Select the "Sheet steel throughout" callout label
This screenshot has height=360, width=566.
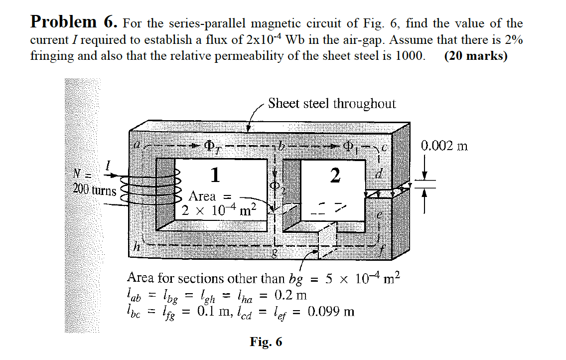pos(332,104)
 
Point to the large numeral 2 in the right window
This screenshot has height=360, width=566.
pos(335,175)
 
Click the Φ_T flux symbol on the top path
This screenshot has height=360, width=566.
pos(212,146)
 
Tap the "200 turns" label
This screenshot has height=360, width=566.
pos(94,190)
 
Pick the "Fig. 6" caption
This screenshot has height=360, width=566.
pos(266,342)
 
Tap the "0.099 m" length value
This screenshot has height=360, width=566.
pos(331,312)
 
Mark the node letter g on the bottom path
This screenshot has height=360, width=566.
pos(274,253)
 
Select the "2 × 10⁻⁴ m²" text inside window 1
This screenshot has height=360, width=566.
pos(218,211)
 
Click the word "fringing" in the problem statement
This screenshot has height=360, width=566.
pos(51,55)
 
